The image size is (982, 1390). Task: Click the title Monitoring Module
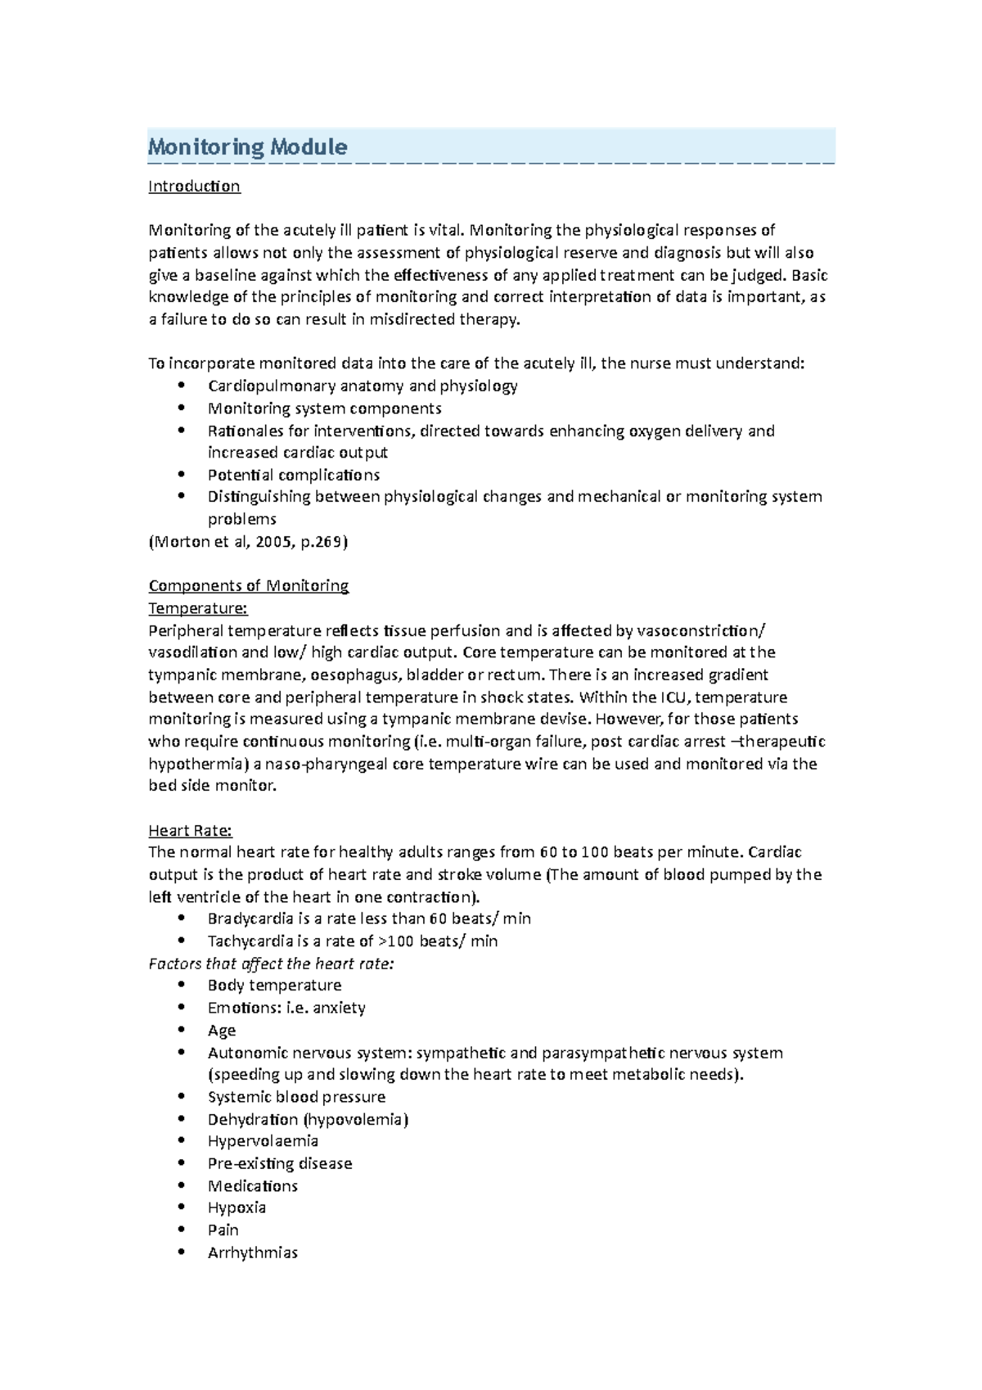click(x=247, y=147)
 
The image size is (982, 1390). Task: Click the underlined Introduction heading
click(x=194, y=187)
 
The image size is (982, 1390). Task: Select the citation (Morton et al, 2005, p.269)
click(x=248, y=541)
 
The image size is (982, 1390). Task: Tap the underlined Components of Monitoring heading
click(x=248, y=586)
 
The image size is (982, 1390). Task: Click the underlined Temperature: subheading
click(x=197, y=608)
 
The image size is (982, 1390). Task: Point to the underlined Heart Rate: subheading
click(x=190, y=831)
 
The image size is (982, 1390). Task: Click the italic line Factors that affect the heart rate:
click(x=271, y=964)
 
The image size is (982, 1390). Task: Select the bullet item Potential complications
click(x=293, y=475)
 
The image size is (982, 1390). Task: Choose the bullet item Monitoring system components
click(x=324, y=408)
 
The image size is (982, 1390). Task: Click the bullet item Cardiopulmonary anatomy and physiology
click(x=362, y=386)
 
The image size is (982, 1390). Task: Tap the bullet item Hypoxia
click(x=236, y=1207)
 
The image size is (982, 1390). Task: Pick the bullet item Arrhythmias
click(x=252, y=1252)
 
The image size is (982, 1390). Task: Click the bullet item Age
click(x=221, y=1031)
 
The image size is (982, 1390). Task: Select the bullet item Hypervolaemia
click(x=263, y=1141)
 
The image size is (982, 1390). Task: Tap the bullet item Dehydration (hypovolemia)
click(x=307, y=1119)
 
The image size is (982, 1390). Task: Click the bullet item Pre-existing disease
click(x=279, y=1163)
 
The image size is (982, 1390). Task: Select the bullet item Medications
click(x=252, y=1186)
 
